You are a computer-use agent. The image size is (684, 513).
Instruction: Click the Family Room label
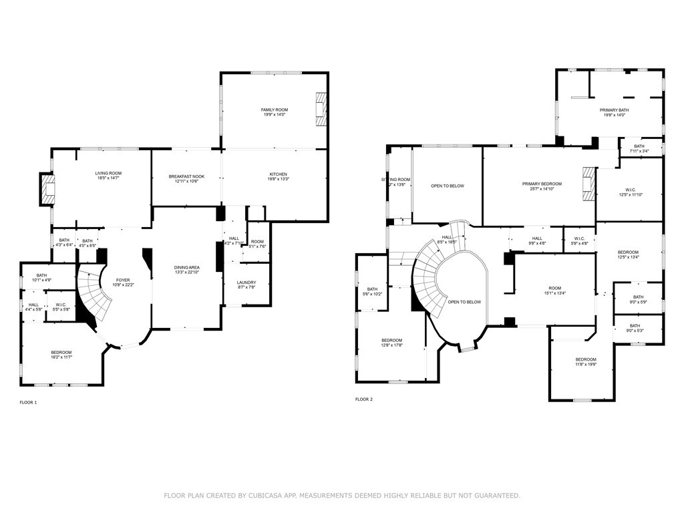click(x=274, y=110)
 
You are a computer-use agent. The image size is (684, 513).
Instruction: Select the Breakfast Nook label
click(x=186, y=176)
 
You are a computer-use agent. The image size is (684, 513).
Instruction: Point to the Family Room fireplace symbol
click(x=322, y=108)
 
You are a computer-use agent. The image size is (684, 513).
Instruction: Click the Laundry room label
click(x=246, y=283)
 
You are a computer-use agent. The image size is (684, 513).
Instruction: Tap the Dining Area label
click(x=186, y=267)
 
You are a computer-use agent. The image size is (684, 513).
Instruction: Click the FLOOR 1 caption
click(x=29, y=403)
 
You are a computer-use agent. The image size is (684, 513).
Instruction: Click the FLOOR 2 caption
click(x=364, y=399)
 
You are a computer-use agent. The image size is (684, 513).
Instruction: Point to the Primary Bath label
click(x=613, y=110)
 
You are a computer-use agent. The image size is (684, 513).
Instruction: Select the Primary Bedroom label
click(x=542, y=184)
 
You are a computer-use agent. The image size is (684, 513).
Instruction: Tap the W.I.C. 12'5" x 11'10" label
click(x=629, y=190)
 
